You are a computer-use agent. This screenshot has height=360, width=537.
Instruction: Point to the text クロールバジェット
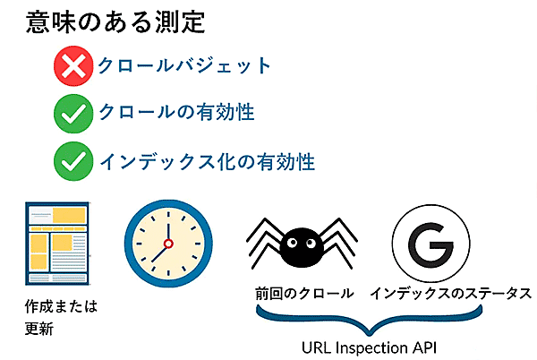click(x=183, y=66)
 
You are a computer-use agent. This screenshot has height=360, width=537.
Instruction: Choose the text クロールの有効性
click(x=176, y=113)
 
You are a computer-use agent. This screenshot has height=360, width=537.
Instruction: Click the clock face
click(x=166, y=244)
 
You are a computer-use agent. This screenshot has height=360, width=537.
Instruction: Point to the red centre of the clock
click(x=166, y=244)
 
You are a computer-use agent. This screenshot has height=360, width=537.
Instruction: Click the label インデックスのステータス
click(x=451, y=293)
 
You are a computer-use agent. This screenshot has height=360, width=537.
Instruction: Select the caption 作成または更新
click(x=61, y=316)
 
